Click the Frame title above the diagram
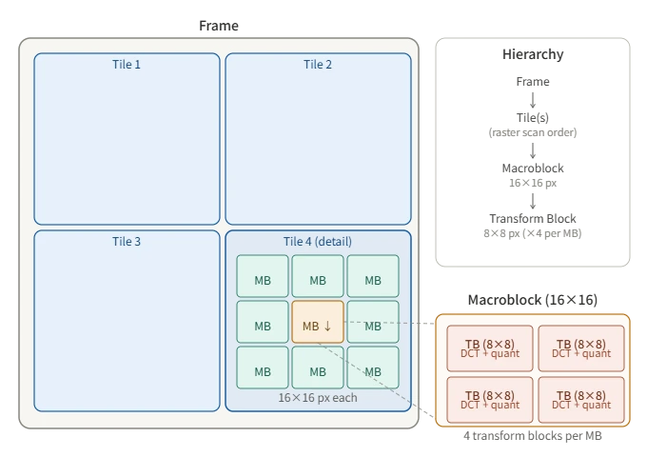tap(219, 26)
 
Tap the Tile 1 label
tap(127, 65)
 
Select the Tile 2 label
tap(318, 65)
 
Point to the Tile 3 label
tap(127, 242)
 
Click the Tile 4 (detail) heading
tap(318, 242)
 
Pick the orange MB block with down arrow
tap(318, 326)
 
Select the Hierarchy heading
tap(533, 54)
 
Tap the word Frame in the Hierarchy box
tap(533, 82)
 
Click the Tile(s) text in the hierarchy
tap(533, 118)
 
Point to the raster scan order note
tap(533, 132)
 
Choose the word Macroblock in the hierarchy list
tap(533, 169)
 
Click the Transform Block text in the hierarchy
tap(533, 219)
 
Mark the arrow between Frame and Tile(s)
tap(533, 100)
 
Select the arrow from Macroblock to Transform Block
tap(533, 200)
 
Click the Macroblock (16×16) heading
tap(533, 300)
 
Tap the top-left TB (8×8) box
tap(488, 348)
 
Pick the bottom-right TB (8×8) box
tap(580, 400)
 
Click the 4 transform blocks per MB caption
tap(533, 436)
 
